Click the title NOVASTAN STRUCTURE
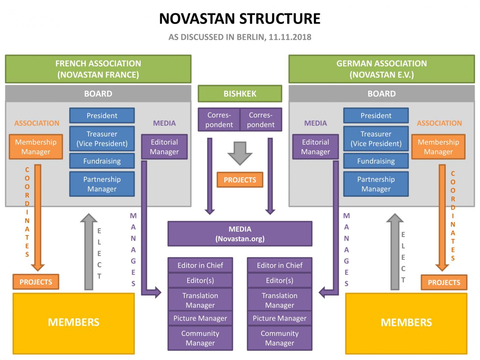pos(240,19)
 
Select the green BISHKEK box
pos(240,94)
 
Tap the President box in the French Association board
pos(102,116)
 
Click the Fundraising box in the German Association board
pos(376,161)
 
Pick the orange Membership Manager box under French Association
pos(36,147)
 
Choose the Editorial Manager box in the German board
pos(315,147)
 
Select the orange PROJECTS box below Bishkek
pos(240,180)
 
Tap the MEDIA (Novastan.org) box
pos(240,234)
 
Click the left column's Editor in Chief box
pos(200,265)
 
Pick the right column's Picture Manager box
pos(280,318)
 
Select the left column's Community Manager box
pos(200,338)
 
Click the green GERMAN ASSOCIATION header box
pos(381,69)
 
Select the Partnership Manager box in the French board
pos(102,184)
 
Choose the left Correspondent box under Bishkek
pos(219,120)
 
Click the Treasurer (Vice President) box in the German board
pos(376,139)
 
